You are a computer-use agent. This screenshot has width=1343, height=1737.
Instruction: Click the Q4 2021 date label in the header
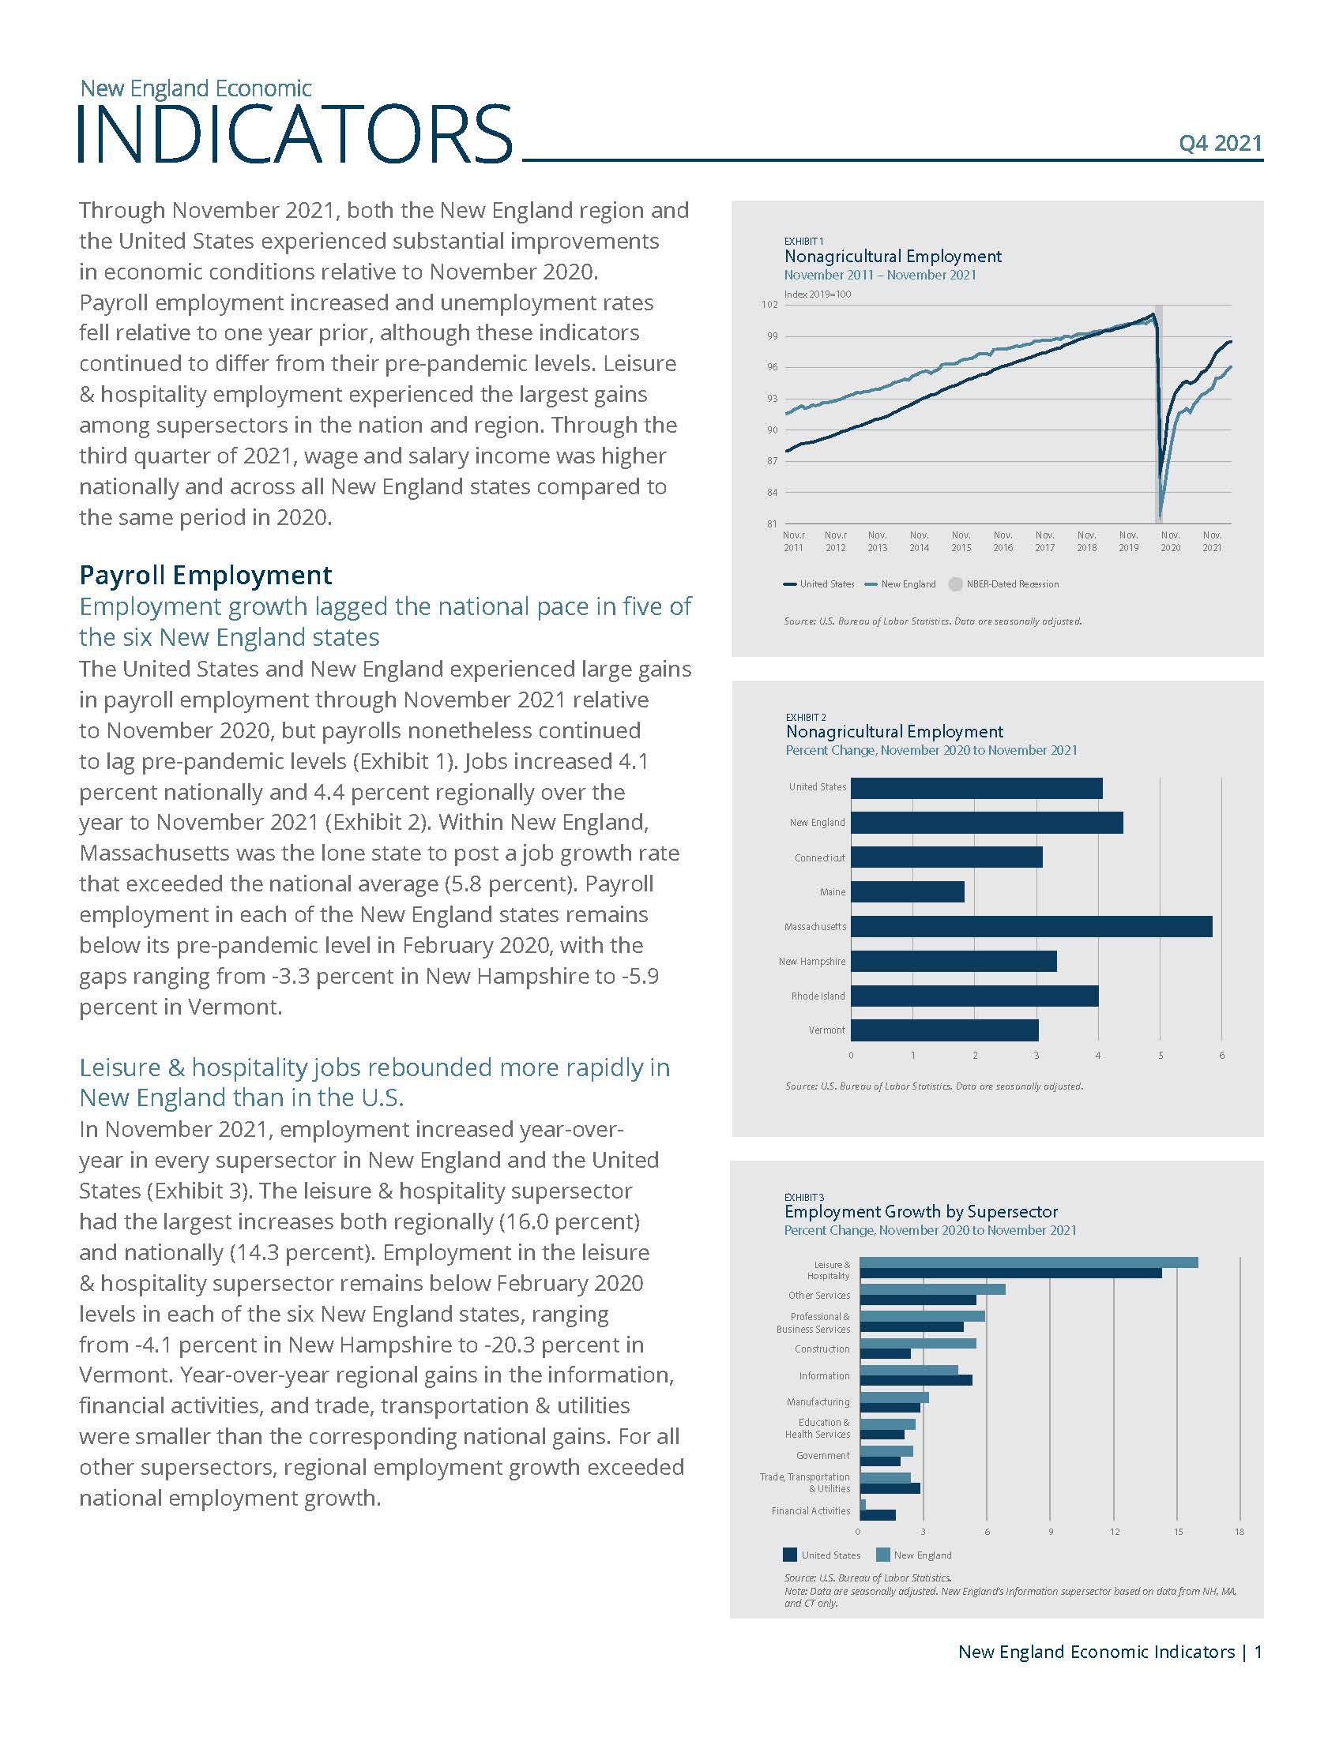[x=1221, y=143]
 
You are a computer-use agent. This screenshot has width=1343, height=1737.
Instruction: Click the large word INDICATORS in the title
[x=295, y=133]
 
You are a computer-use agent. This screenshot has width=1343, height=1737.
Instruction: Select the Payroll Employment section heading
[x=205, y=575]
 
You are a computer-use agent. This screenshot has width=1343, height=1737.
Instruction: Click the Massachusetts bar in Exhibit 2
[x=1031, y=927]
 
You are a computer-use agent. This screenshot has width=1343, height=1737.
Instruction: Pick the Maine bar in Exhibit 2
[x=907, y=891]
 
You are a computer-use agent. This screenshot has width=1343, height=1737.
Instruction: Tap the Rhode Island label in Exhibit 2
[x=818, y=996]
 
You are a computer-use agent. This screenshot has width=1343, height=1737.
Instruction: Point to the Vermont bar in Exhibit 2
[x=944, y=1030]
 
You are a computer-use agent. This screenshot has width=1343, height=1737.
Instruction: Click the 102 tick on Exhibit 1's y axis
[x=769, y=305]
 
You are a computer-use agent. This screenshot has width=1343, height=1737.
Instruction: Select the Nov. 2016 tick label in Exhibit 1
[x=1003, y=542]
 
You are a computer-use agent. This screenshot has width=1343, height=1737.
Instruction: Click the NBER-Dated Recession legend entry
[x=1004, y=583]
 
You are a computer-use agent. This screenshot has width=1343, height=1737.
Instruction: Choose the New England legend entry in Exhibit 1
[x=901, y=583]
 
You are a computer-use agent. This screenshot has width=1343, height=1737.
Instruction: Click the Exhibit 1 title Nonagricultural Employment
[x=893, y=256]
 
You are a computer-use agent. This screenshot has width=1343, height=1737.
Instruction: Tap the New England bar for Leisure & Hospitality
[x=1029, y=1262]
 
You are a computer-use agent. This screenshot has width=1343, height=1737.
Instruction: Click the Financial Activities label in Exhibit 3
[x=811, y=1510]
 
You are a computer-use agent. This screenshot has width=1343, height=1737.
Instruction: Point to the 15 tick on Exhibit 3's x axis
[x=1179, y=1532]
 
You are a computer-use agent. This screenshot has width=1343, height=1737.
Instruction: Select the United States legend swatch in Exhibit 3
[x=790, y=1555]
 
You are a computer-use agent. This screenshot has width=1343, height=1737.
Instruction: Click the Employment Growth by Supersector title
[x=921, y=1211]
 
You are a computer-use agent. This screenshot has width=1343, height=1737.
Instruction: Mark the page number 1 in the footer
[x=1258, y=1652]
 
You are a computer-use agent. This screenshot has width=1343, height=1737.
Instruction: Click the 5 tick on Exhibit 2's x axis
[x=1161, y=1056]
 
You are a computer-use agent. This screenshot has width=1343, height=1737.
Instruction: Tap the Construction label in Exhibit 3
[x=822, y=1349]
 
